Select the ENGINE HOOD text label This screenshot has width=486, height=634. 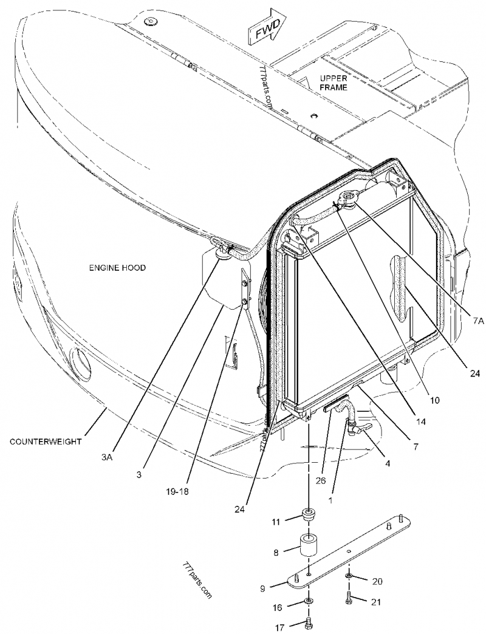117,268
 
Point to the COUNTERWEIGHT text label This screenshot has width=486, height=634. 46,441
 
